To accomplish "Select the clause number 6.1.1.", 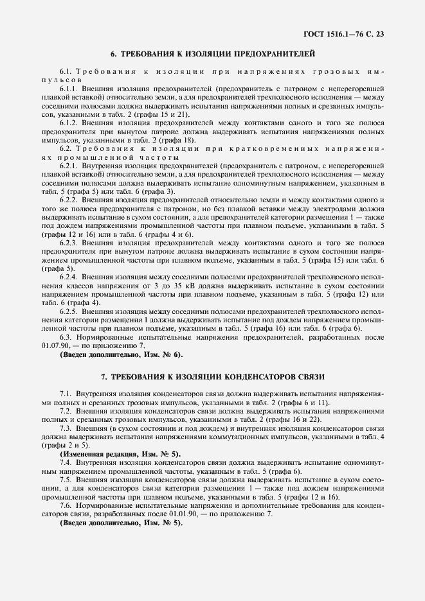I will pyautogui.click(x=69, y=86).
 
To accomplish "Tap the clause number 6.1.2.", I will pyautogui.click(x=69, y=121).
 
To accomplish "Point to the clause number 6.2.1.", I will pyautogui.click(x=69, y=165).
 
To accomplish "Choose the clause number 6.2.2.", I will pyautogui.click(x=69, y=200).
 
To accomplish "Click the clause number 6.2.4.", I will pyautogui.click(x=69, y=275).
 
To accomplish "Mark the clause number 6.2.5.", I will pyautogui.click(x=69, y=311).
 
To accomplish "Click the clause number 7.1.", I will pyautogui.click(x=66, y=392).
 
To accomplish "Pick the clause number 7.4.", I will pyautogui.click(x=66, y=462).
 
